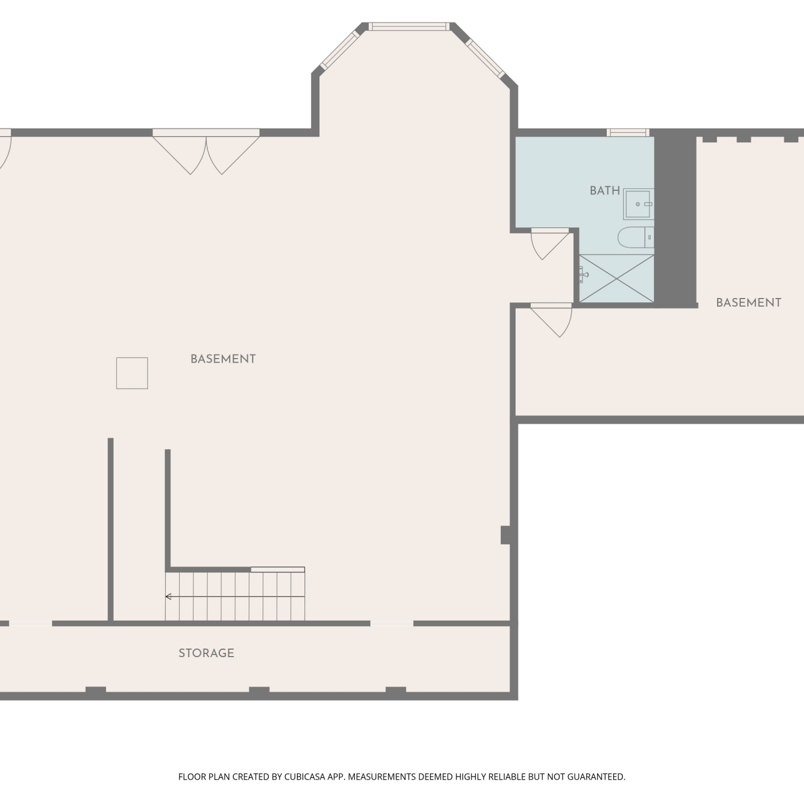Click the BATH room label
[x=605, y=191]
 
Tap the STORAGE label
[x=206, y=653]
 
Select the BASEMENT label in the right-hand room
[x=749, y=302]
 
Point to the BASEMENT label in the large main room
[x=223, y=359]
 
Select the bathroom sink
[x=638, y=204]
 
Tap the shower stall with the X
[x=617, y=278]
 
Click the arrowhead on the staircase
[x=168, y=597]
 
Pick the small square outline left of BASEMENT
[x=132, y=373]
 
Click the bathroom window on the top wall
[x=628, y=132]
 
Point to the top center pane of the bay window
[x=408, y=26]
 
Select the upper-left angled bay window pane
[x=340, y=50]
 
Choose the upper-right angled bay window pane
[x=485, y=58]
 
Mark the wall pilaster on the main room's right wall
[x=505, y=535]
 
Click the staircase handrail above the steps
[x=278, y=570]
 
